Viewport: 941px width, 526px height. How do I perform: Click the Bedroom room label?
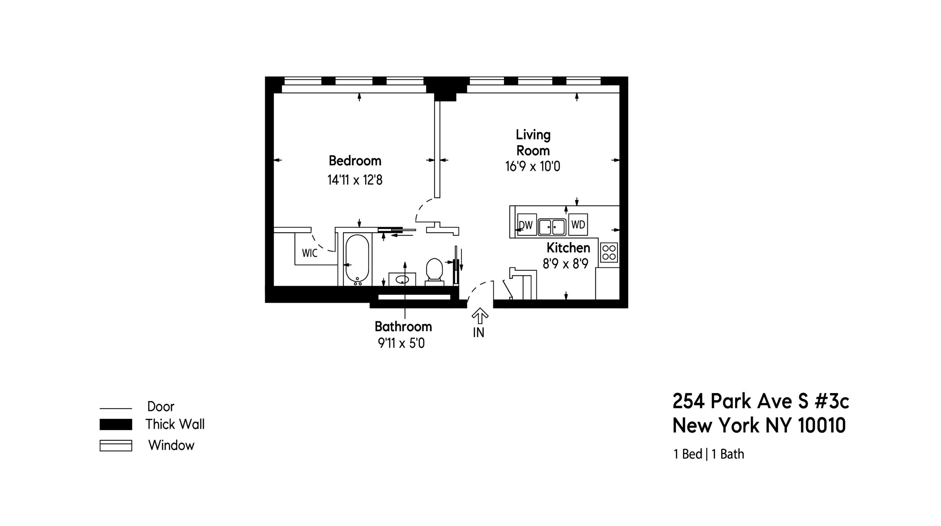click(355, 161)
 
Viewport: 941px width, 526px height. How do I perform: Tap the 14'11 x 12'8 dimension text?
click(355, 180)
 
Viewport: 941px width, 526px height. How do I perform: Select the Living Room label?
click(533, 143)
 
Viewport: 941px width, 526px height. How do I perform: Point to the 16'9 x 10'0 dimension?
click(533, 167)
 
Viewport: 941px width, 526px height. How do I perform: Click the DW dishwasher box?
click(527, 225)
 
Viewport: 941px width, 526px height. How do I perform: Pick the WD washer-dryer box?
click(578, 224)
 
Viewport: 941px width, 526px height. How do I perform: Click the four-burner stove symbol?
click(608, 252)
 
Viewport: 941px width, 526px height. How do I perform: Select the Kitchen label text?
click(568, 248)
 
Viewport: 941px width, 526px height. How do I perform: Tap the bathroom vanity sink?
click(402, 280)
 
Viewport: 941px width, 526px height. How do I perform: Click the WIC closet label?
click(309, 253)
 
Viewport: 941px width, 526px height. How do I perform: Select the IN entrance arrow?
click(480, 316)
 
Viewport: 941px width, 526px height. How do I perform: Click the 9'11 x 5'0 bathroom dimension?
click(401, 343)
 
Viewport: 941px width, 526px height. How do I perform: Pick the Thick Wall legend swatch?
click(116, 425)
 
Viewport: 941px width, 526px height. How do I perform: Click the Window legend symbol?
click(116, 446)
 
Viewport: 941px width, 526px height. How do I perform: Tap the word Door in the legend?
click(160, 407)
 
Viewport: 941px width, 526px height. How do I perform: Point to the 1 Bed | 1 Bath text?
click(708, 454)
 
